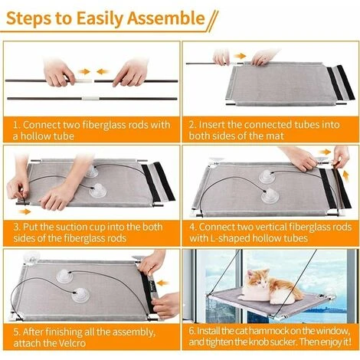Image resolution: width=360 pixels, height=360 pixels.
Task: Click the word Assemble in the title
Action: (166, 18)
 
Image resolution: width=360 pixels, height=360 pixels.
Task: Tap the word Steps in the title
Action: (28, 18)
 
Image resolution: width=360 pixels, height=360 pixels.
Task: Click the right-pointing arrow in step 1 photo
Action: (84, 72)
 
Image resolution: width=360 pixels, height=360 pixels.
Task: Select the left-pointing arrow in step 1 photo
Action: (103, 72)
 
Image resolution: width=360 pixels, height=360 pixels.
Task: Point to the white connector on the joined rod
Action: (90, 98)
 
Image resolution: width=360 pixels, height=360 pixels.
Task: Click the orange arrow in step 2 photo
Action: (240, 56)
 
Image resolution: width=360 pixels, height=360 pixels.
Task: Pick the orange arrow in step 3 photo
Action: (25, 211)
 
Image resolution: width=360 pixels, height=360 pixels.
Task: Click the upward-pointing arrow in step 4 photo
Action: (345, 176)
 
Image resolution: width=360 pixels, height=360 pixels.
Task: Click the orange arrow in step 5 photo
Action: (162, 283)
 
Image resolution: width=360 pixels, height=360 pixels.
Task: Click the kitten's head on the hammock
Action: (257, 279)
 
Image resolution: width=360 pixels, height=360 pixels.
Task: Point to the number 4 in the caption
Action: (192, 227)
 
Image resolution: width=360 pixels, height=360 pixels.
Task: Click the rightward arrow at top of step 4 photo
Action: (325, 152)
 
